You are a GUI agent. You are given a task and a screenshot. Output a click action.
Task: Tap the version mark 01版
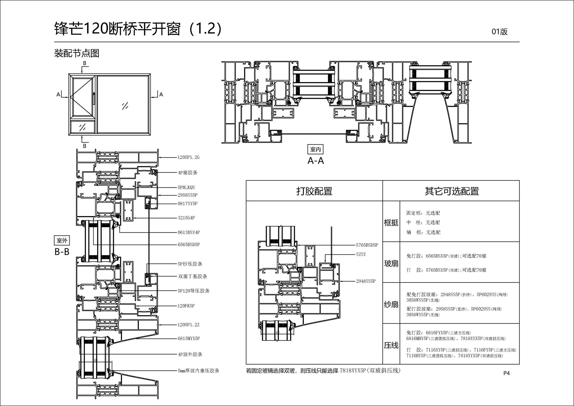[499, 32]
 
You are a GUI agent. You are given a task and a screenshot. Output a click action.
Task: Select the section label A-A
[316, 161]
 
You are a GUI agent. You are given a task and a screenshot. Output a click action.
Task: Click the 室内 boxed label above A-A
[315, 149]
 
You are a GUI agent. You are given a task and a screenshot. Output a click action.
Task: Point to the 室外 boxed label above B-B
[62, 240]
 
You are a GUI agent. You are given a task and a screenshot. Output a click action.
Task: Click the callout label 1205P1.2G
[188, 157]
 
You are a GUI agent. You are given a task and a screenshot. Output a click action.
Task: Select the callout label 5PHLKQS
[186, 187]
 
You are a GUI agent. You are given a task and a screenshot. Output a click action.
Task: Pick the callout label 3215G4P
[186, 218]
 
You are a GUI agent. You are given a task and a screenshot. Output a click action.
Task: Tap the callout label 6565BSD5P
[189, 245]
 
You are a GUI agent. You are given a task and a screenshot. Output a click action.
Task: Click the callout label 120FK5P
[186, 306]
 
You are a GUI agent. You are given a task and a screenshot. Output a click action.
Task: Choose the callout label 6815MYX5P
[189, 338]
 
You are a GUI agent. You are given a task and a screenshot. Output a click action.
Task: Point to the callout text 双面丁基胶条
[193, 277]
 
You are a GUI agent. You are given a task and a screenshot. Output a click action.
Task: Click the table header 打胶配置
[314, 191]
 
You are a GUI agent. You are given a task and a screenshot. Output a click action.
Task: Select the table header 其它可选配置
[451, 191]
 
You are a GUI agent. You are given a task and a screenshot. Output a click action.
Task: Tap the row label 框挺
[391, 222]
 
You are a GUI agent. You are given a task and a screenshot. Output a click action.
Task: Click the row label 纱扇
[391, 304]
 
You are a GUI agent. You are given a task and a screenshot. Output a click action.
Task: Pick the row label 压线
[391, 345]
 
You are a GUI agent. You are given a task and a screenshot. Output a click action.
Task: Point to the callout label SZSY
[361, 254]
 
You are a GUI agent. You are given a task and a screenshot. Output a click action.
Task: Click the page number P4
[506, 373]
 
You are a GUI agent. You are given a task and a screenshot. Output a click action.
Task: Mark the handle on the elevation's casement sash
[94, 99]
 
